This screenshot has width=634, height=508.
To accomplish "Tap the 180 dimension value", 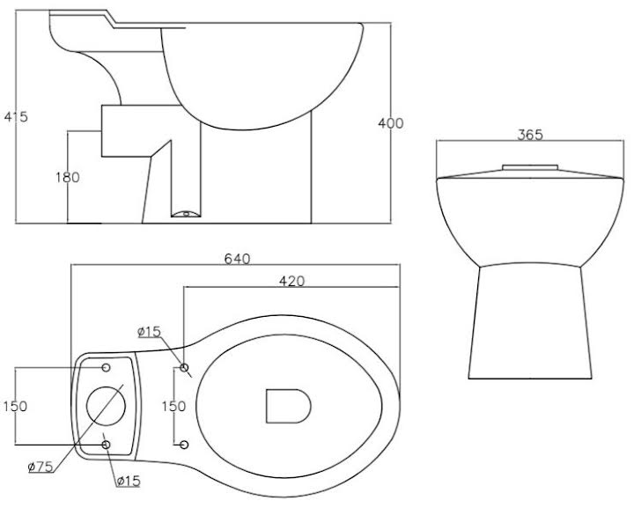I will tap(66, 177).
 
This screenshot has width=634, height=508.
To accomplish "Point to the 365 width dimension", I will tap(529, 135).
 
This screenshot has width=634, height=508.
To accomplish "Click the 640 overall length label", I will tap(238, 259).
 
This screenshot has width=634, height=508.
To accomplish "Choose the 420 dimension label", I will tap(291, 282).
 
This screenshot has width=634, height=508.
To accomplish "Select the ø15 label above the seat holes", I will tap(150, 332).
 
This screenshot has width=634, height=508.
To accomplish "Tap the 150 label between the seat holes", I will tap(173, 406).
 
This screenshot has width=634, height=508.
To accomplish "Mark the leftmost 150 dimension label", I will tap(14, 406).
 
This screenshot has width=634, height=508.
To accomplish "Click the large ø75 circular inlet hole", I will tap(107, 406).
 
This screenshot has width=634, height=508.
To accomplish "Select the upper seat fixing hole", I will tap(184, 366).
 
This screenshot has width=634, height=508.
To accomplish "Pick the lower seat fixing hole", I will tap(184, 445).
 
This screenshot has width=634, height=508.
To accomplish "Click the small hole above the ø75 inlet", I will tap(107, 366).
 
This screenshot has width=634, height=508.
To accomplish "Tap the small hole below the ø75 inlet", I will tap(107, 445).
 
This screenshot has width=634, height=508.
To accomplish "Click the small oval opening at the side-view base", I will tap(185, 212).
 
